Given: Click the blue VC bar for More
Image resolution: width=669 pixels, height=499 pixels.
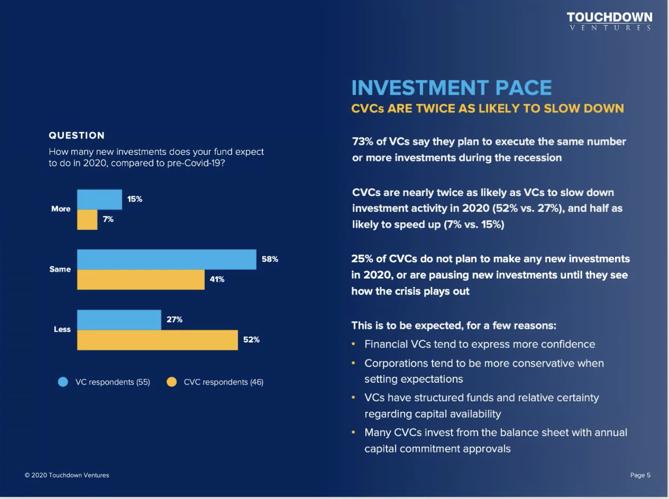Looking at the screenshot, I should click(99, 199).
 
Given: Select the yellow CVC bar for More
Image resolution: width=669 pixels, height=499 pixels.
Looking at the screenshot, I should click(87, 219).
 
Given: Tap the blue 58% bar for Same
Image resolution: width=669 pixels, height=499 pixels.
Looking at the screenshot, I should click(167, 259).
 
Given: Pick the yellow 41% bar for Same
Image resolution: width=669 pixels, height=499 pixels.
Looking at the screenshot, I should click(141, 280).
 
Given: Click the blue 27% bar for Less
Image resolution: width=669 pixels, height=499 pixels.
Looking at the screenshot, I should click(119, 320).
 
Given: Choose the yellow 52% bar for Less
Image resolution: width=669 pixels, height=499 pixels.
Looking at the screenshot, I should click(157, 340).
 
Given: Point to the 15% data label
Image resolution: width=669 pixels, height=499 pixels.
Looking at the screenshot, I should click(135, 199).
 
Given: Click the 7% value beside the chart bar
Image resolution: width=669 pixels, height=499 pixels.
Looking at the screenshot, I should click(108, 219).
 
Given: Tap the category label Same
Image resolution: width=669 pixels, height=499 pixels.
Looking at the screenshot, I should click(60, 269).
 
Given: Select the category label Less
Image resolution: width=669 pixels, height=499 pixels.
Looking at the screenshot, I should click(62, 329).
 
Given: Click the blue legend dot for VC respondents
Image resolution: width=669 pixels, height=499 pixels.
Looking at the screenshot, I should click(63, 382).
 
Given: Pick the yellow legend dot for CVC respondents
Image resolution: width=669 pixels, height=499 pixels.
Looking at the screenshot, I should click(172, 382).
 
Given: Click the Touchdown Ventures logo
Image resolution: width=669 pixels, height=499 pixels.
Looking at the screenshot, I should click(609, 21).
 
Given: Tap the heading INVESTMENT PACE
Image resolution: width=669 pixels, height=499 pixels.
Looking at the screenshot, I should click(451, 88).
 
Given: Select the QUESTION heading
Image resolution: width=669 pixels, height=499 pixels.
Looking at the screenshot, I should click(76, 136).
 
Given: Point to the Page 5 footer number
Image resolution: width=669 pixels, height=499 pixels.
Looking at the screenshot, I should click(640, 475).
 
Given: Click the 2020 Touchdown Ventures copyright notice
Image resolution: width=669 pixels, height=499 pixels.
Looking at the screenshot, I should click(67, 475).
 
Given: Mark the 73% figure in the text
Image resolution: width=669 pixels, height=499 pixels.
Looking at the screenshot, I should click(363, 142).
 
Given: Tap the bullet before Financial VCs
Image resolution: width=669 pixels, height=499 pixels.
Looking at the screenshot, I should click(353, 344).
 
